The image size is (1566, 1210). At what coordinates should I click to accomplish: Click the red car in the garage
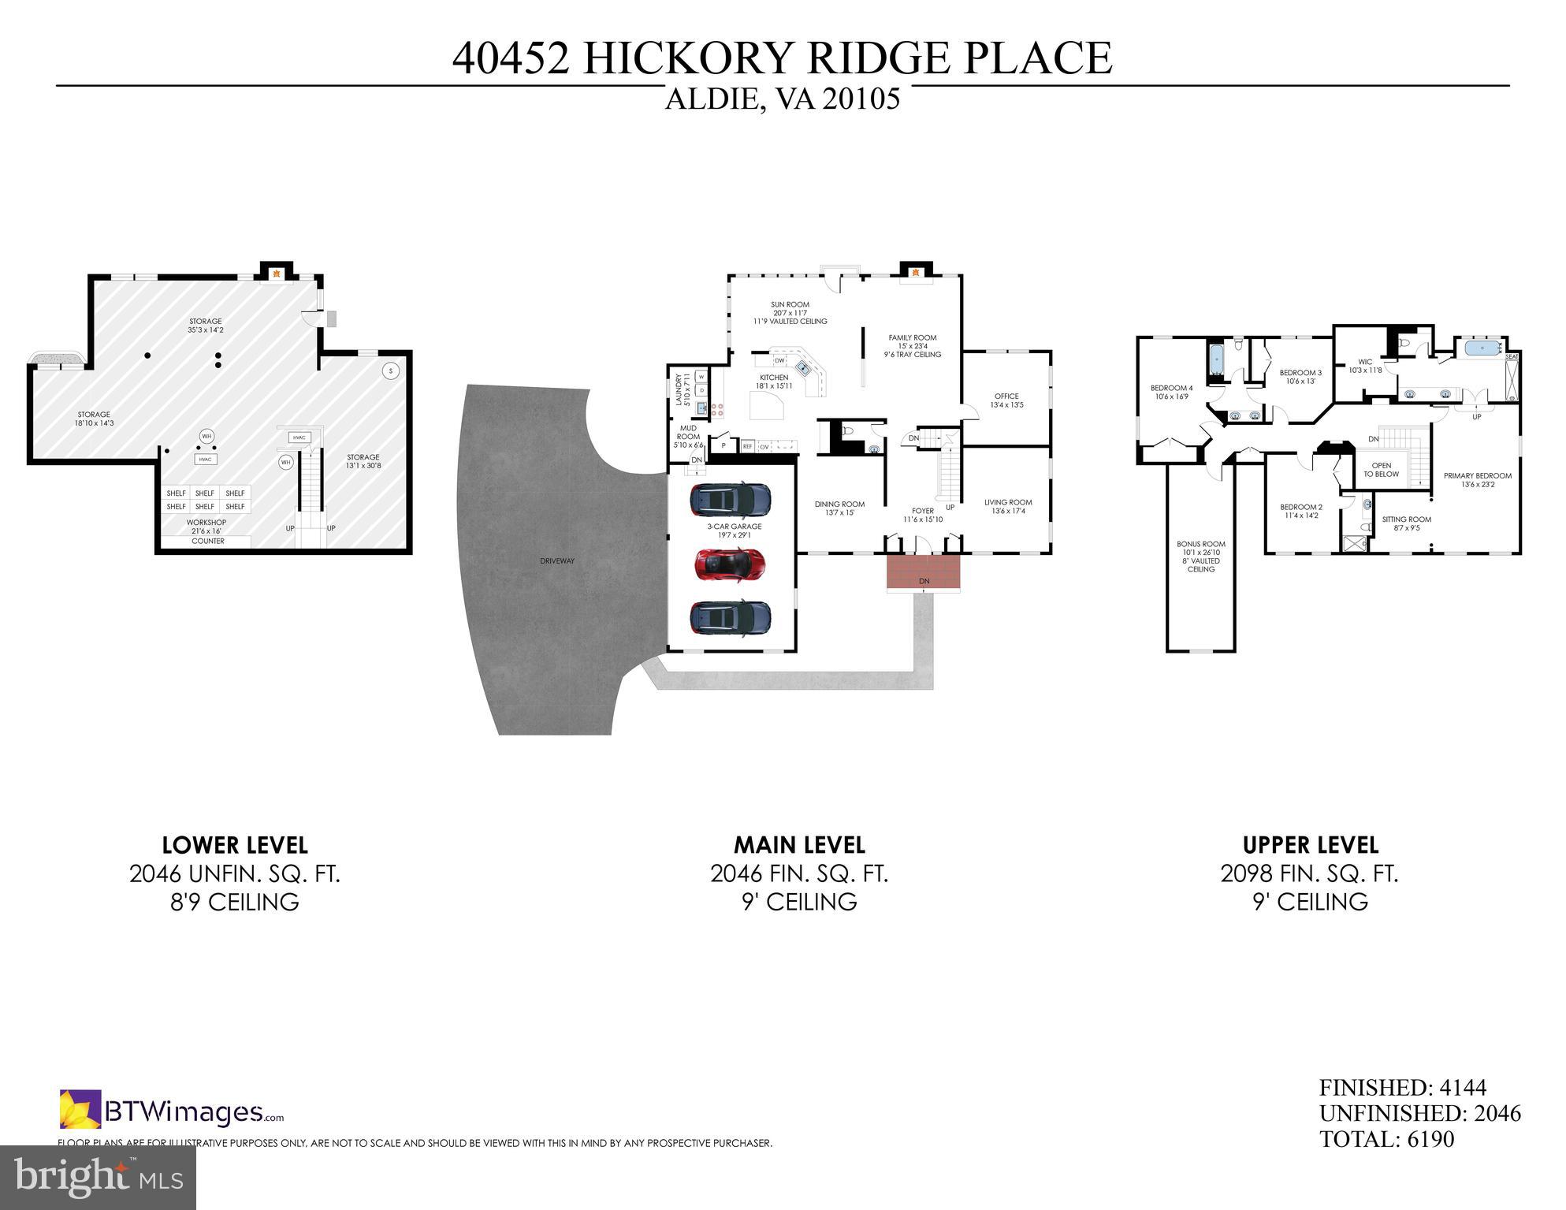click(x=730, y=564)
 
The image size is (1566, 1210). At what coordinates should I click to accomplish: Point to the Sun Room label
click(x=790, y=305)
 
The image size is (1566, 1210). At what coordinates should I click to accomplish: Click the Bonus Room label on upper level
click(x=1201, y=544)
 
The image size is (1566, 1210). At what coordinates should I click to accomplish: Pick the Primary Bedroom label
click(x=1477, y=476)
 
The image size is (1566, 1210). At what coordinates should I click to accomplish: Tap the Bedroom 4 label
click(x=1171, y=388)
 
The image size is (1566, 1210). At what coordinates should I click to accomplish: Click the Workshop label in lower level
click(x=206, y=523)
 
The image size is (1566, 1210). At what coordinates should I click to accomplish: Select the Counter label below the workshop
click(x=208, y=542)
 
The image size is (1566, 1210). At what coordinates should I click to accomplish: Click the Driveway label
click(x=557, y=561)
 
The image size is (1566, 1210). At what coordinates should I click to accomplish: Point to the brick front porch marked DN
click(x=924, y=571)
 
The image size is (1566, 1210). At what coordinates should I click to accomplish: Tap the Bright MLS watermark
click(x=98, y=1178)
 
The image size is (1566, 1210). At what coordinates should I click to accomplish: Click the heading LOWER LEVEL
click(x=234, y=845)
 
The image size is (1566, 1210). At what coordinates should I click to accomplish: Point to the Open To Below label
click(x=1381, y=470)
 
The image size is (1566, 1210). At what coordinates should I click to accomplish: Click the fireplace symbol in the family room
click(x=916, y=274)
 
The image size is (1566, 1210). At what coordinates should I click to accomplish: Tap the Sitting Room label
click(x=1406, y=519)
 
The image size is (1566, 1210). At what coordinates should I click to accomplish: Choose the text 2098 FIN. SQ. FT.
click(x=1309, y=873)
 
